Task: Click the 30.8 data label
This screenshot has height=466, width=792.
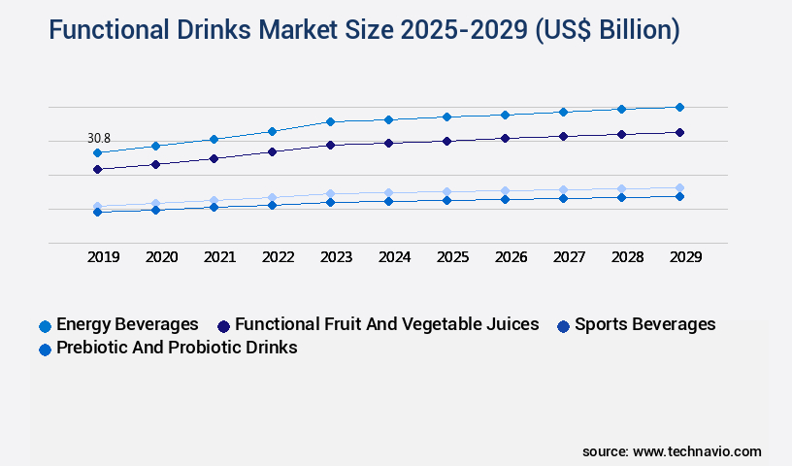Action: click(x=98, y=139)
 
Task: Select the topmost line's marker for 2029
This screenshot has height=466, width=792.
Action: click(x=679, y=107)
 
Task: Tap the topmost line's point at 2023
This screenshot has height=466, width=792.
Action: click(x=330, y=121)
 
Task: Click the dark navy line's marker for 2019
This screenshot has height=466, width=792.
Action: click(x=97, y=169)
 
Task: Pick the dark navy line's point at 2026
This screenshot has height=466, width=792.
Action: click(x=505, y=138)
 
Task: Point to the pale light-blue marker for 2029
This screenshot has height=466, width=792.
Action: click(x=679, y=187)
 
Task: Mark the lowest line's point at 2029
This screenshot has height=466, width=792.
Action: click(x=679, y=196)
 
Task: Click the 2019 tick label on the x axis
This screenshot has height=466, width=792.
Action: click(x=103, y=257)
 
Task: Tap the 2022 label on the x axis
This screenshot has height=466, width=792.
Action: click(x=278, y=257)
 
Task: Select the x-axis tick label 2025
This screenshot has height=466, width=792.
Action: click(x=451, y=257)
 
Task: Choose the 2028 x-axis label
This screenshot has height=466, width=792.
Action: click(x=626, y=257)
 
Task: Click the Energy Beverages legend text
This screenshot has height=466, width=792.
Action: click(x=127, y=324)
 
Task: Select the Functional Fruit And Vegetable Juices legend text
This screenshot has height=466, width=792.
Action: click(x=386, y=324)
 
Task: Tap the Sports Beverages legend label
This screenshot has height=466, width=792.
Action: click(x=644, y=324)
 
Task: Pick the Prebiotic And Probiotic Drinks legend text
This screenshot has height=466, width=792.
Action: click(x=177, y=348)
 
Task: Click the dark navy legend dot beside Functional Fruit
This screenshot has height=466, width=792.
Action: click(x=223, y=326)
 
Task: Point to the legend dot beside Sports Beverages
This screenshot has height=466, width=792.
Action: click(x=563, y=326)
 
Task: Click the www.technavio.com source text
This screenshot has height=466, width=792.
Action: click(x=697, y=451)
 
